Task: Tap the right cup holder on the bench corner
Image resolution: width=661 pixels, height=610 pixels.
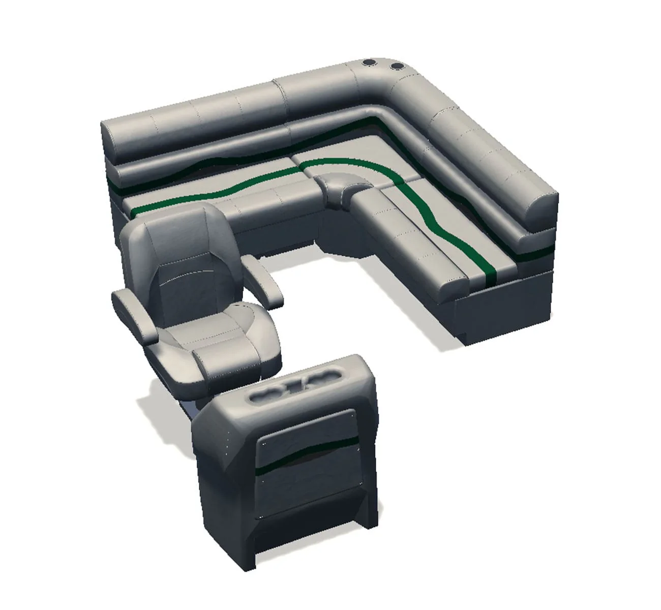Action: (x=395, y=67)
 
